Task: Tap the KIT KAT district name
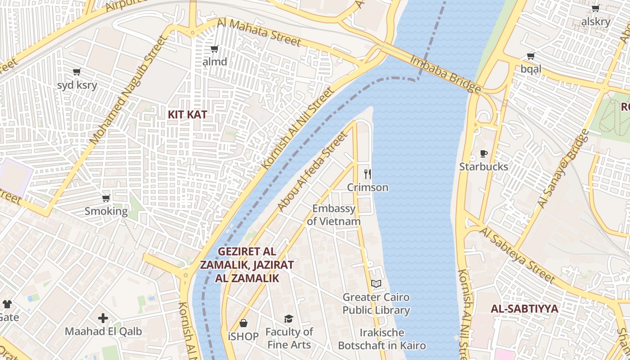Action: [x=187, y=114]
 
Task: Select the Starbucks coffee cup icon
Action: [x=484, y=154]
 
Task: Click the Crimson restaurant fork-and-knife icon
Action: [x=368, y=174]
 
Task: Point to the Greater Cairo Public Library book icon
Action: [x=376, y=283]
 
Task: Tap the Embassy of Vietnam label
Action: [x=334, y=215]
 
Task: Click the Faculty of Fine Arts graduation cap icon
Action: [x=288, y=319]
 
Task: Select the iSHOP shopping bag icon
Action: [x=243, y=323]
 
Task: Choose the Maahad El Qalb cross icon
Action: [x=103, y=318]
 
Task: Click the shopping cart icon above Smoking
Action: [x=106, y=198]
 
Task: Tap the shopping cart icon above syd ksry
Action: [x=77, y=72]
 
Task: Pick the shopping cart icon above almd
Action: [x=215, y=49]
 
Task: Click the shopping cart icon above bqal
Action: [x=531, y=56]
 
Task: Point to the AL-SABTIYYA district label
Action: [x=524, y=309]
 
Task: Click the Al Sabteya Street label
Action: [x=517, y=255]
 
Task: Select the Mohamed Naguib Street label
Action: [x=128, y=90]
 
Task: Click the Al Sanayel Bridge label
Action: [x=563, y=169]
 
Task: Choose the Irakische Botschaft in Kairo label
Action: [x=382, y=339]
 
